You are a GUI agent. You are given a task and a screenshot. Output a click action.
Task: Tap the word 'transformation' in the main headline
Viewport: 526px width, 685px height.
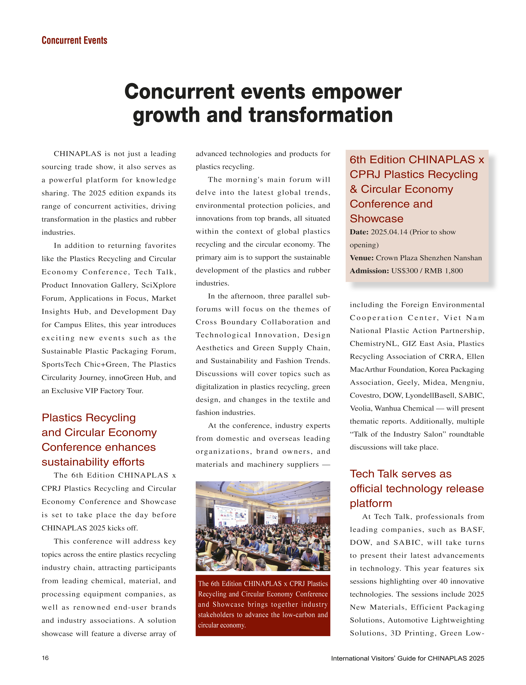click(x=321, y=115)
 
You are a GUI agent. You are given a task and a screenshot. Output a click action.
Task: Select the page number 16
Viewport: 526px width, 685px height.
click(x=45, y=658)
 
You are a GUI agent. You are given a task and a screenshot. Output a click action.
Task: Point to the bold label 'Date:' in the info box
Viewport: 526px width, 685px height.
click(x=359, y=232)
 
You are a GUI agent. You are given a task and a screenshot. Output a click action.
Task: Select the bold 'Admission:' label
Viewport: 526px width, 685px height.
click(x=369, y=271)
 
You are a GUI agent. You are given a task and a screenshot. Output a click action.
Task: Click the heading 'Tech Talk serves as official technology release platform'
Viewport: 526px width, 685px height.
click(x=416, y=488)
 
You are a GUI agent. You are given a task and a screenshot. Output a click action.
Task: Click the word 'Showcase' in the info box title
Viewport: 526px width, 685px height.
click(x=376, y=219)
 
